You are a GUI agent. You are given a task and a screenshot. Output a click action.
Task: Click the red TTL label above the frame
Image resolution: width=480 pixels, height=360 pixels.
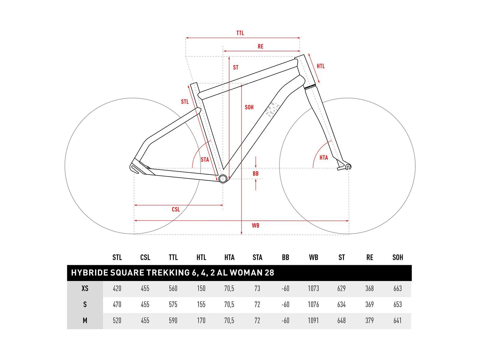click(240, 33)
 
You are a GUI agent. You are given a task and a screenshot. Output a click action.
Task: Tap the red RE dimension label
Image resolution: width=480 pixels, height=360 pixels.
click(260, 46)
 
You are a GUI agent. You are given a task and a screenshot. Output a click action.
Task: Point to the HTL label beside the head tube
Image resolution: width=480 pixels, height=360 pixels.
click(321, 66)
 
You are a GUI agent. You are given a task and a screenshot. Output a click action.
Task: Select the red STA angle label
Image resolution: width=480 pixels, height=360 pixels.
click(205, 160)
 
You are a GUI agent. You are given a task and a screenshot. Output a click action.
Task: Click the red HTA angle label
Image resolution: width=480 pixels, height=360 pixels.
click(323, 157)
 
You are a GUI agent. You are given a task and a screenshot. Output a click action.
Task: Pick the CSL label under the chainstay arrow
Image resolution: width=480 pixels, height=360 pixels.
click(175, 209)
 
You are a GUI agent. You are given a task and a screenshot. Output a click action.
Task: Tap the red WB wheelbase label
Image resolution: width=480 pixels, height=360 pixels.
click(255, 225)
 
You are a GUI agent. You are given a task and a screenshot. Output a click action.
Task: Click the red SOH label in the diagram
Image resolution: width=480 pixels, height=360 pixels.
click(249, 107)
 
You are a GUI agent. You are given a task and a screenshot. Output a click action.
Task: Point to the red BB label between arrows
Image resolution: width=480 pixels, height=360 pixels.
click(255, 174)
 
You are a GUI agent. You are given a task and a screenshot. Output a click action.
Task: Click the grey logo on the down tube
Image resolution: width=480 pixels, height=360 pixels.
click(272, 110)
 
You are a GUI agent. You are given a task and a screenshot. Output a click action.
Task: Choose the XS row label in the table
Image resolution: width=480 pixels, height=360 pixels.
click(85, 289)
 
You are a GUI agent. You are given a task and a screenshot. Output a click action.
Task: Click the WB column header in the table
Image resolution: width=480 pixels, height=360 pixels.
click(313, 257)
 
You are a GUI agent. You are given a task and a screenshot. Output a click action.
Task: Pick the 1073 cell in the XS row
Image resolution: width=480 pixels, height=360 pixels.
click(313, 289)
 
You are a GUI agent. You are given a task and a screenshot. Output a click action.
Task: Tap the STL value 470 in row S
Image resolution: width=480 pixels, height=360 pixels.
click(117, 304)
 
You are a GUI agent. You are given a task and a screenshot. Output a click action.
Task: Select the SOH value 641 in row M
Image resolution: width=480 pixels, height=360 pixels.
click(397, 320)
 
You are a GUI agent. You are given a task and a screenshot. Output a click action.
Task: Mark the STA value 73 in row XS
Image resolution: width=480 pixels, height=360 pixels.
click(257, 289)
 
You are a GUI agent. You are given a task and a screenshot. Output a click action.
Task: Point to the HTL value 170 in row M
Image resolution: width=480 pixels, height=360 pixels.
click(201, 320)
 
